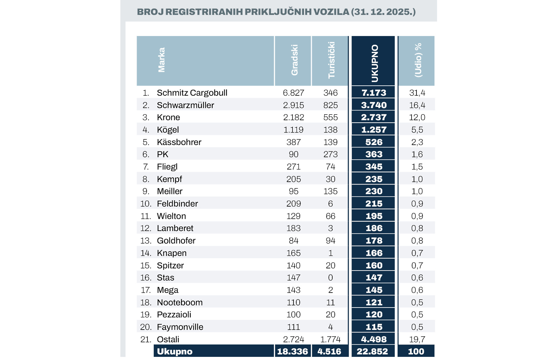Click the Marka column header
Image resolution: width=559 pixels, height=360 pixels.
[161, 60]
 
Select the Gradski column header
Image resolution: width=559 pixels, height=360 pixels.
[295, 60]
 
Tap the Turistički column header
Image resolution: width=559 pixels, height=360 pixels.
[331, 60]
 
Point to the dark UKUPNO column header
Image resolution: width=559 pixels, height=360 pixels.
[375, 63]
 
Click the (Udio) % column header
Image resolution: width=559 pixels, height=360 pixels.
[418, 60]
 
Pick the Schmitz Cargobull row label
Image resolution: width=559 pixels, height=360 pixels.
[192, 93]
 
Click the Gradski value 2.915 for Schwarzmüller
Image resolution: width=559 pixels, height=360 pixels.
[293, 105]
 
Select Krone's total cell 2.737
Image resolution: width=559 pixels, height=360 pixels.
[373, 117]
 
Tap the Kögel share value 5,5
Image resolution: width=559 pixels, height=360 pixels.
[417, 130]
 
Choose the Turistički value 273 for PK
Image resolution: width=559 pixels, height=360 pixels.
[331, 154]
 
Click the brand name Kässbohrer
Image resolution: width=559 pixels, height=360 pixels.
[179, 142]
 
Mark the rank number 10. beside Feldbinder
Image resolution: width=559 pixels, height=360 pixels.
[146, 204]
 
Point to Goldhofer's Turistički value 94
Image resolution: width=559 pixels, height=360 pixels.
[331, 241]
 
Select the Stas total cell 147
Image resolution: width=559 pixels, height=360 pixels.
[373, 278]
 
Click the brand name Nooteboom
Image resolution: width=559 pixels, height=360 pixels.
[180, 302]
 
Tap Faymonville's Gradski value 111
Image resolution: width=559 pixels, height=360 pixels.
[293, 327]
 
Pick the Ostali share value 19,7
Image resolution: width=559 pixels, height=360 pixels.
[417, 339]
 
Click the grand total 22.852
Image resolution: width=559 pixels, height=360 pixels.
[372, 351]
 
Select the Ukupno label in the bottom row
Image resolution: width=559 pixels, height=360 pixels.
[175, 352]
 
